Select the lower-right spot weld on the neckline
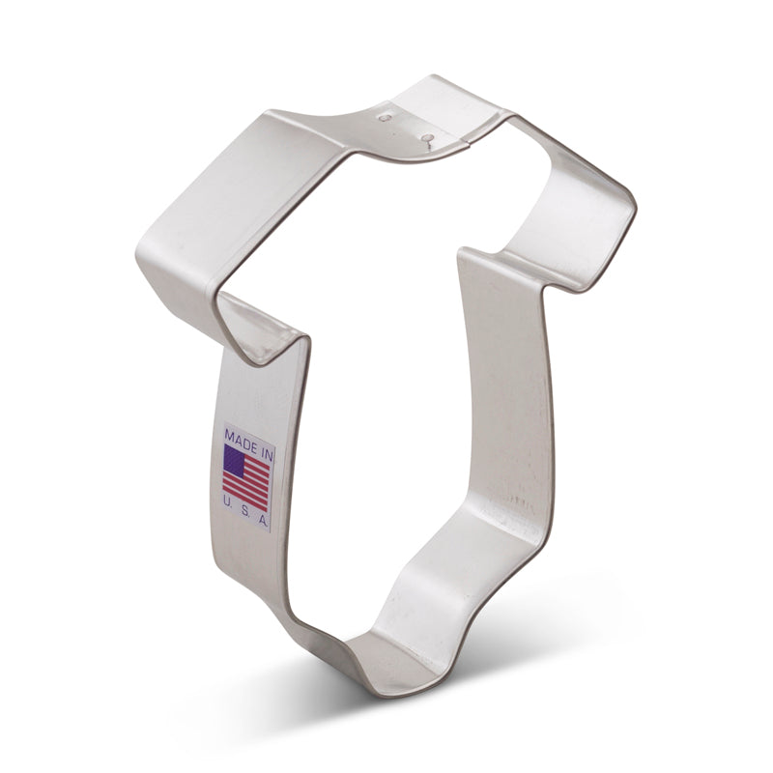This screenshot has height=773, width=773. pyautogui.click(x=425, y=138)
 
